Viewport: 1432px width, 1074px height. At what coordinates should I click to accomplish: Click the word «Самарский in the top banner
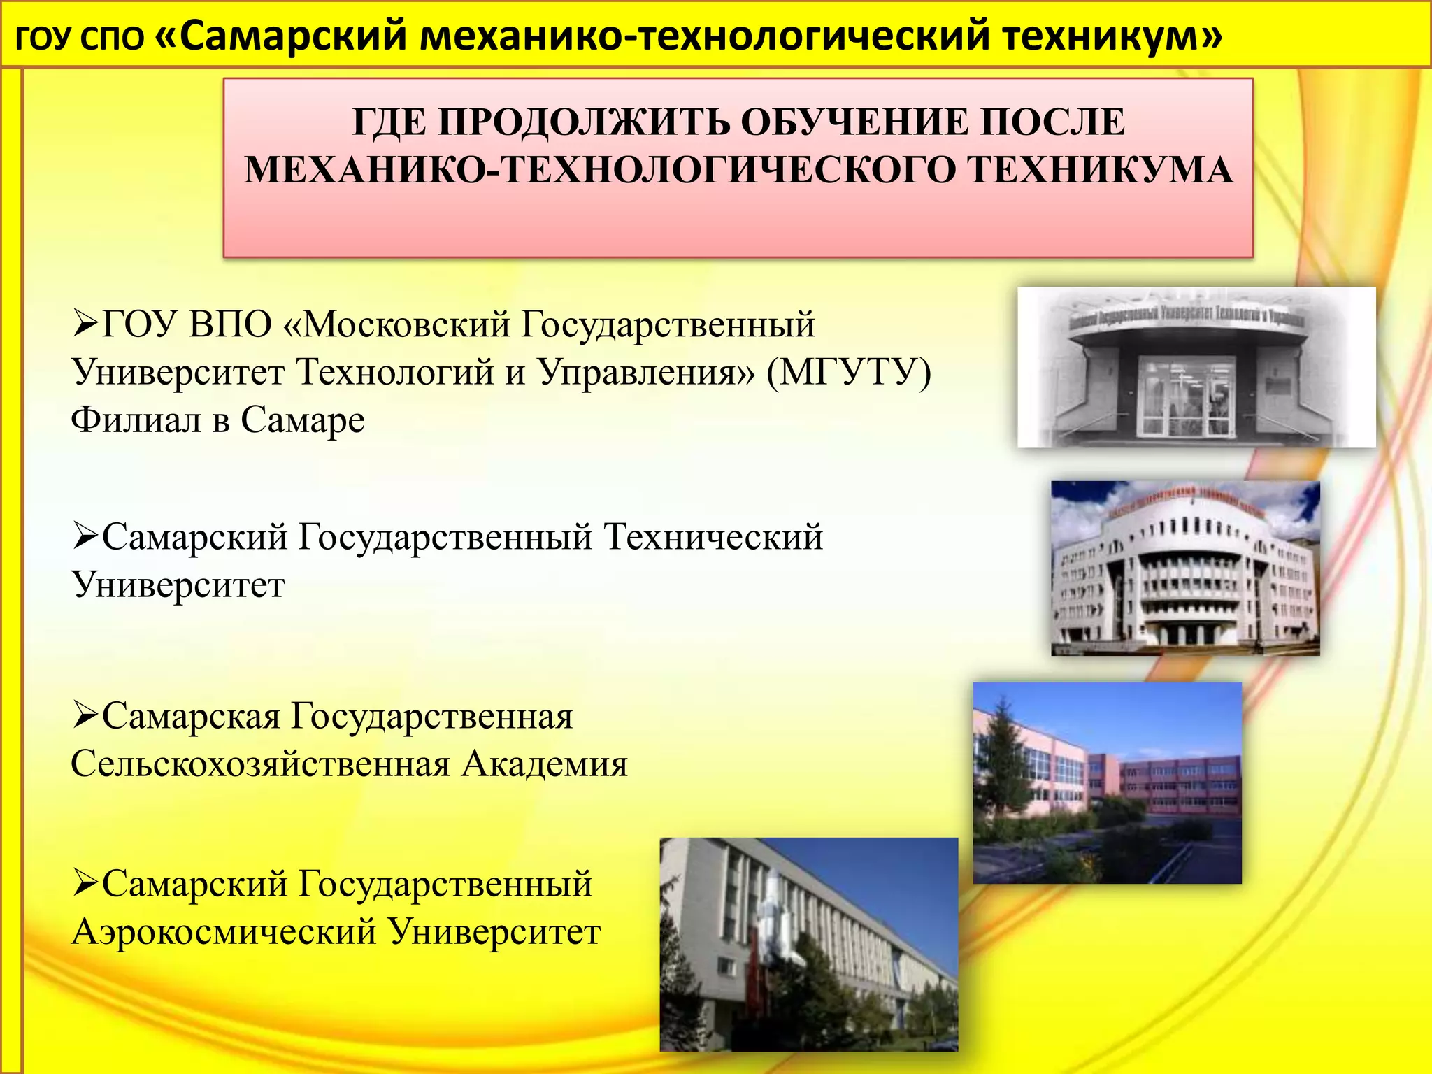(x=280, y=36)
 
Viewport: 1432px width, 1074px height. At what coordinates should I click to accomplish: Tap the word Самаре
(x=303, y=420)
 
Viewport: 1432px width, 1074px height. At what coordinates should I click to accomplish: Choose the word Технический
(x=713, y=538)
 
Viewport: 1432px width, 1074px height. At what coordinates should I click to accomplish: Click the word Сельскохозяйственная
(x=260, y=764)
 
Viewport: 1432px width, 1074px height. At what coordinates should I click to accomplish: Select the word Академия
(x=545, y=764)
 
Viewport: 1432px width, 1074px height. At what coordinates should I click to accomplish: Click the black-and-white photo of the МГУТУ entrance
(x=1196, y=367)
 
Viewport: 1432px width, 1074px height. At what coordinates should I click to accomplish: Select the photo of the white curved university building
(x=1185, y=568)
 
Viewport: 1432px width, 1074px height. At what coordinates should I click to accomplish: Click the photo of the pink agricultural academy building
(x=1107, y=783)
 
